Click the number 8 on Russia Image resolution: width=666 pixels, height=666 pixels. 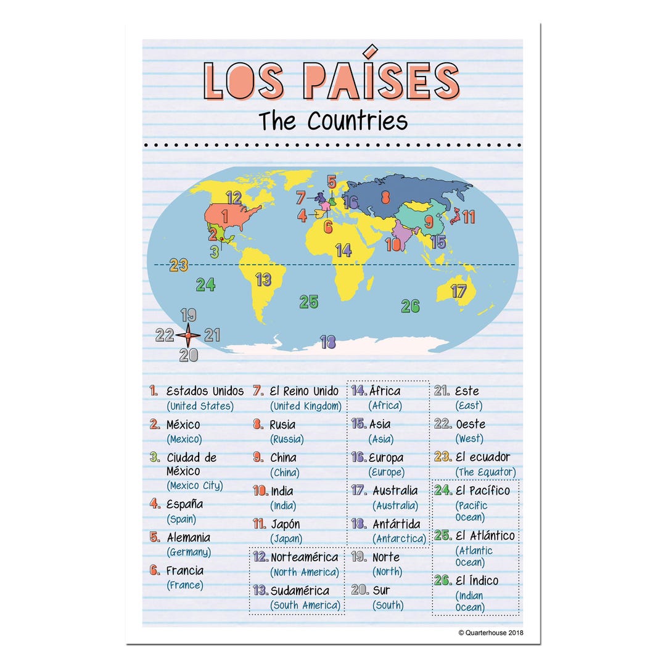(x=385, y=198)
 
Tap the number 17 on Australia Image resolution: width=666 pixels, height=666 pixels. (x=458, y=291)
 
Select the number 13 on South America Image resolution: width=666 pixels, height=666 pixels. (x=263, y=279)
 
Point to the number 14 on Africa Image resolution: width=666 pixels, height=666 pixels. (x=343, y=250)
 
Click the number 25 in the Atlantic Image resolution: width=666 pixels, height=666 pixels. (x=309, y=302)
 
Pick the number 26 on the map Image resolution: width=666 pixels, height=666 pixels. (x=410, y=305)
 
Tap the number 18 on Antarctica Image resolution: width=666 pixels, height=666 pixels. (x=327, y=342)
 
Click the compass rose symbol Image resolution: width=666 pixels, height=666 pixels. (x=188, y=335)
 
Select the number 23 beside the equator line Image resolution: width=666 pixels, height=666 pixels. (x=178, y=265)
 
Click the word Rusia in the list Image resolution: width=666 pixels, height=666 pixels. (x=282, y=424)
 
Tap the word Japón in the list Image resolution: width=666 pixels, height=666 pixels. (x=286, y=524)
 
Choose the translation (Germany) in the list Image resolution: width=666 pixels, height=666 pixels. (x=189, y=553)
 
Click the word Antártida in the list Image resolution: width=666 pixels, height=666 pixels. (x=397, y=524)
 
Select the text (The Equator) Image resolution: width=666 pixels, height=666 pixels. (x=485, y=472)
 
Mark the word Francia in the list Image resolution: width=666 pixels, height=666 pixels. (x=184, y=570)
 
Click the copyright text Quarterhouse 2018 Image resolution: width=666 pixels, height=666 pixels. (x=491, y=632)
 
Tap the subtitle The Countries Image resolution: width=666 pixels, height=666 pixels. (x=333, y=120)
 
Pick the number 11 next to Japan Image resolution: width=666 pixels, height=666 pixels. (x=469, y=216)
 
